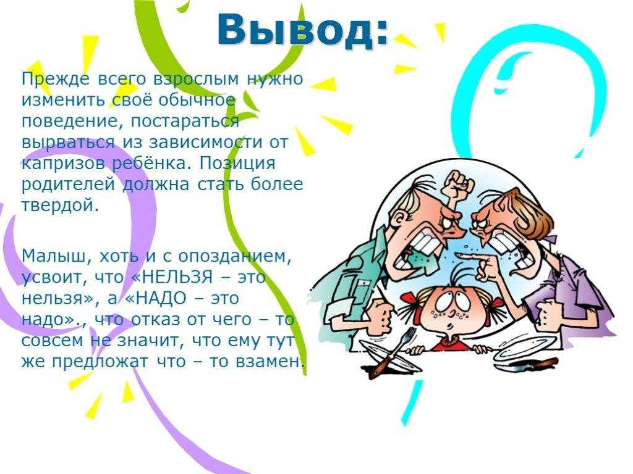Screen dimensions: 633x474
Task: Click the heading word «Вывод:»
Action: coord(303,30)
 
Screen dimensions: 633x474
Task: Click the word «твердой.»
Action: coord(60,205)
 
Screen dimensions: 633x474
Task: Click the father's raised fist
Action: coord(457,185)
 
